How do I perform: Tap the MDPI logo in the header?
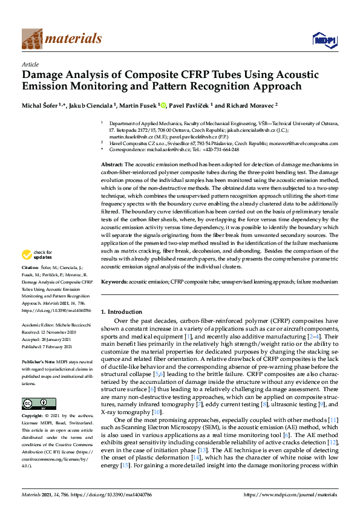click(324, 40)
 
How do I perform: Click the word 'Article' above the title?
click(30, 63)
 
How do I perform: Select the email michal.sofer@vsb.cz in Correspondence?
click(167, 149)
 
